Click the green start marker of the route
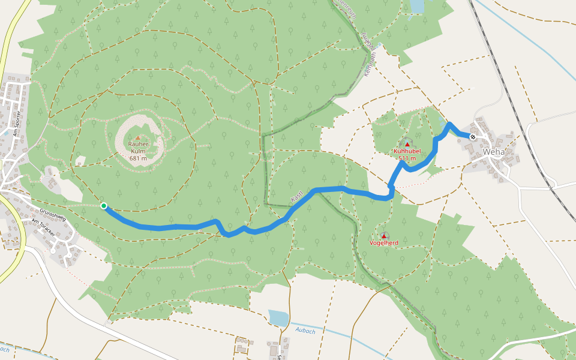coord(104,206)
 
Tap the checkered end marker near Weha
coord(473,137)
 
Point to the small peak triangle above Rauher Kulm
coord(137,138)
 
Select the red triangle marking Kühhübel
coord(407,143)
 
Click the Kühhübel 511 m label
coord(407,155)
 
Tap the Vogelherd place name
coord(384,243)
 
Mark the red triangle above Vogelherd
coord(384,236)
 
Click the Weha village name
coord(494,152)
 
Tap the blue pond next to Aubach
coord(278,317)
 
